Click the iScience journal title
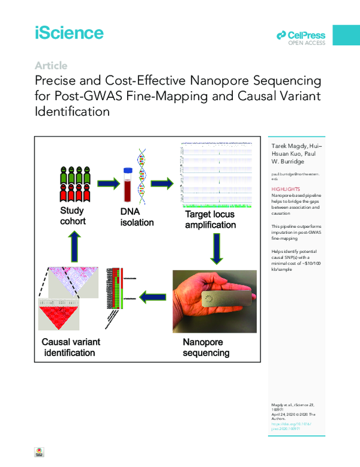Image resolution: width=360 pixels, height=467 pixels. [x=69, y=32]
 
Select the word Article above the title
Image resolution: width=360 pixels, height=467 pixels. [x=51, y=65]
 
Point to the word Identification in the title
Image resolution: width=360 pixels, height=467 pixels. [x=72, y=111]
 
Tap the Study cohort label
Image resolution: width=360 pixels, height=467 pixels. [x=73, y=216]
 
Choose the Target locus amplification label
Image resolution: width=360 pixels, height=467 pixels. [x=209, y=219]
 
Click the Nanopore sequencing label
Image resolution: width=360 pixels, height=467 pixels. [x=206, y=348]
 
